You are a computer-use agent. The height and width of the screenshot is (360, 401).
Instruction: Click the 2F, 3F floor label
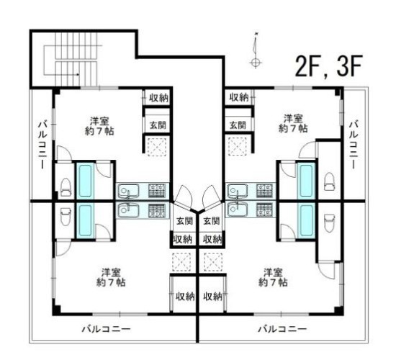coord(329,66)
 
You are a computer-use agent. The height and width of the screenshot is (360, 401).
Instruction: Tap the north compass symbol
coord(256,50)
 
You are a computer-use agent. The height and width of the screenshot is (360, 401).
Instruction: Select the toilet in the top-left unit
coord(66,187)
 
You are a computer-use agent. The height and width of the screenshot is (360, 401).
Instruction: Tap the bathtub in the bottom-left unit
coord(85,220)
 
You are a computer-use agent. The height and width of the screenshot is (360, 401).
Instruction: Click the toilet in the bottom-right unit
coord(330,222)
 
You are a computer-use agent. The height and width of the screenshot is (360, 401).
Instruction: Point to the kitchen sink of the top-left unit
coord(129,191)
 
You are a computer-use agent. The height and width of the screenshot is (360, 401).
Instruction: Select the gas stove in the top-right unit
coord(265,191)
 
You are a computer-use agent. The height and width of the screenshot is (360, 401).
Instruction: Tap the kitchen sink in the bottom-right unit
coord(237,210)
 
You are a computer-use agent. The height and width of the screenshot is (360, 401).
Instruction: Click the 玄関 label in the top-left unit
coord(158,125)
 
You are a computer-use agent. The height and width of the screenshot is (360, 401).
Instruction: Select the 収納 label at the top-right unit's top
coord(239,97)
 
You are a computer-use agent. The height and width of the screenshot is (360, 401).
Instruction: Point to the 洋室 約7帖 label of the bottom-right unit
coord(273,277)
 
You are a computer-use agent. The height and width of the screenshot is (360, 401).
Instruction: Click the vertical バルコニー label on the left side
coord(42,145)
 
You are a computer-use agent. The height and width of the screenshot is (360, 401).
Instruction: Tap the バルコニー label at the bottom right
coord(282,329)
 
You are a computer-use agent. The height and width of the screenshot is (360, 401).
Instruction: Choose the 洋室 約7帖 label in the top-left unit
coord(99,126)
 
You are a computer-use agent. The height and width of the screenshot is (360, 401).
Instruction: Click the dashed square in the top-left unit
coord(157,147)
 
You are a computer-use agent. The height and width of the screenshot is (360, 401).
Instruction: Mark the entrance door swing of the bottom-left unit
coord(184,195)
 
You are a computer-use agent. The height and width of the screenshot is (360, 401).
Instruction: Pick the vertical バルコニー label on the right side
coord(353,145)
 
